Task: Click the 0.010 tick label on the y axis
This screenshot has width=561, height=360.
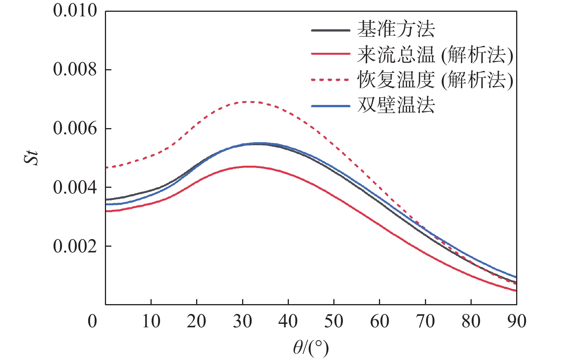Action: tap(75, 11)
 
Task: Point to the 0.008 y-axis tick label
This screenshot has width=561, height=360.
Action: tap(75, 70)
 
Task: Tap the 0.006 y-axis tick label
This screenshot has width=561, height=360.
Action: tap(75, 128)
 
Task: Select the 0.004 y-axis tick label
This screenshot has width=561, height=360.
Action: tap(75, 187)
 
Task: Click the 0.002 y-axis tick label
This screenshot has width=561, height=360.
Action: tap(75, 246)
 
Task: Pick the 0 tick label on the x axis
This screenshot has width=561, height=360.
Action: tap(92, 322)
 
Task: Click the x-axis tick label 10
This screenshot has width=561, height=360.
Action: tap(151, 322)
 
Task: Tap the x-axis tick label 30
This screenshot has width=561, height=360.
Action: tap(242, 322)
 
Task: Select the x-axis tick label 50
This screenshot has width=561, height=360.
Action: tap(334, 322)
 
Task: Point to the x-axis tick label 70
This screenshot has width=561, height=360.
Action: tap(425, 322)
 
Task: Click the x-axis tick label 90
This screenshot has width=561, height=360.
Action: tap(517, 322)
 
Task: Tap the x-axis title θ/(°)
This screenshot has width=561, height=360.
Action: tap(311, 347)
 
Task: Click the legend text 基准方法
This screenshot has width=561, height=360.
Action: tap(396, 29)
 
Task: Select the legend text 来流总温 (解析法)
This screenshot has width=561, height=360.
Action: tap(435, 55)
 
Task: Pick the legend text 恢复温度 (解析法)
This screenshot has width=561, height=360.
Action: tap(435, 80)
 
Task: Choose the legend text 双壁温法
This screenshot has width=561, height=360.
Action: tap(396, 105)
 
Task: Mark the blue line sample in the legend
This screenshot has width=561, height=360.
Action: tap(330, 106)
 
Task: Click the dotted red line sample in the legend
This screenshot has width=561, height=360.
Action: tap(330, 80)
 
